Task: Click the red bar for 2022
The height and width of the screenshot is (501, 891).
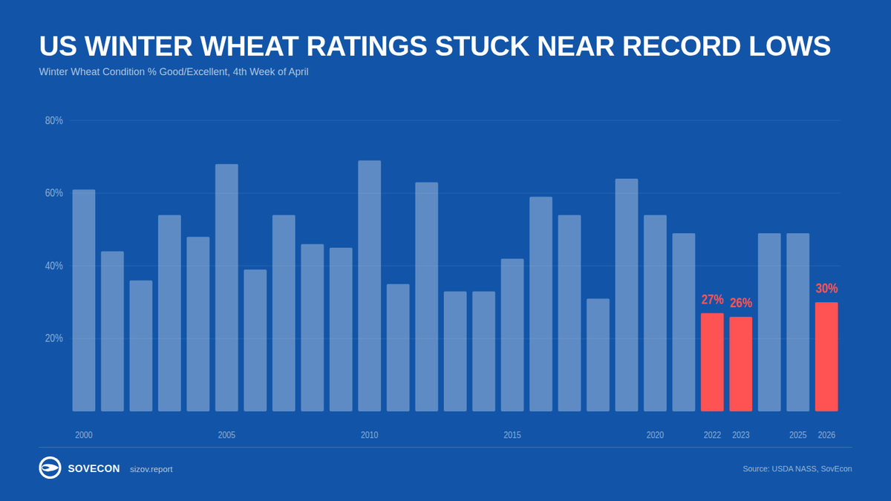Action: (712, 362)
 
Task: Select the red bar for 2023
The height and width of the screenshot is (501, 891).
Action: (740, 364)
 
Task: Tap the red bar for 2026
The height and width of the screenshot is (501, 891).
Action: (826, 356)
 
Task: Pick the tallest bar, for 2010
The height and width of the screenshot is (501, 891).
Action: (369, 286)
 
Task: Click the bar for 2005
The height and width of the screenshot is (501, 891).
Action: (226, 287)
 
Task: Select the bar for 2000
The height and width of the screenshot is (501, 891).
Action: (84, 300)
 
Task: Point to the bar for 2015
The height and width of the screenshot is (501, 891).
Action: (512, 335)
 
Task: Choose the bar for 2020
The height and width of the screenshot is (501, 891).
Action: (655, 312)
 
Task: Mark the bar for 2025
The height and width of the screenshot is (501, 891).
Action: (797, 322)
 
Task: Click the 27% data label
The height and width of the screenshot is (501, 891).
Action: (712, 300)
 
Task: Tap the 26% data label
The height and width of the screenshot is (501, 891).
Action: (740, 303)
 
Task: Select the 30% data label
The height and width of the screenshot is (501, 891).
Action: (826, 288)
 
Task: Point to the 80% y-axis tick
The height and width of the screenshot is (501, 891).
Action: (53, 120)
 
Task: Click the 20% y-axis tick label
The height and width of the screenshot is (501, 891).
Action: (53, 338)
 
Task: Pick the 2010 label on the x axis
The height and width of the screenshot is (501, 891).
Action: (369, 435)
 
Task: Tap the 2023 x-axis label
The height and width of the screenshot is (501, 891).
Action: (740, 435)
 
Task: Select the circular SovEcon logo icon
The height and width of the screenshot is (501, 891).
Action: (50, 468)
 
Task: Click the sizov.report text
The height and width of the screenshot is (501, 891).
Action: (151, 469)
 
